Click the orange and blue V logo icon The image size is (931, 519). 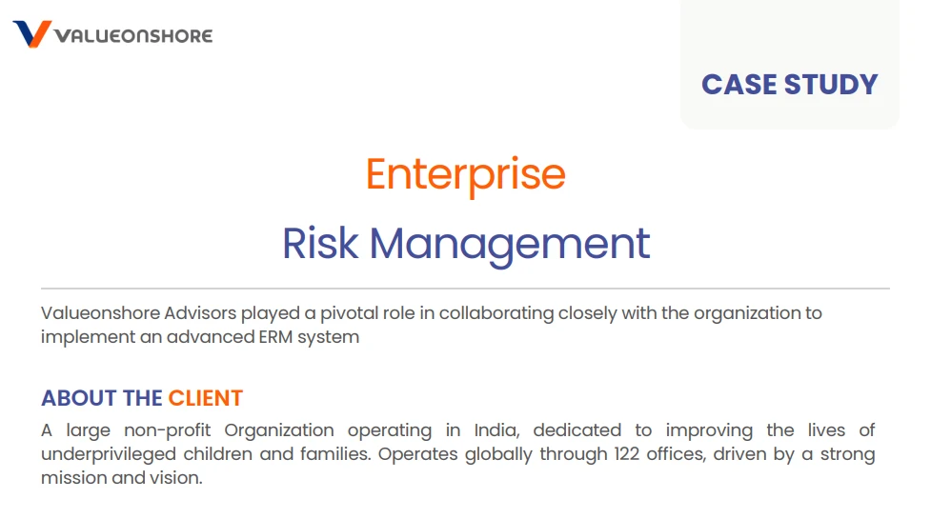click(x=32, y=34)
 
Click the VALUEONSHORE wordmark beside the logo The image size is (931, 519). click(x=133, y=36)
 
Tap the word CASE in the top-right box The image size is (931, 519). click(x=739, y=84)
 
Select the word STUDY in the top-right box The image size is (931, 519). click(x=831, y=84)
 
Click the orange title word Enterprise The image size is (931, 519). click(x=465, y=175)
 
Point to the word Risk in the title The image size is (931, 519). click(x=320, y=243)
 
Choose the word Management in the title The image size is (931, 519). click(x=510, y=246)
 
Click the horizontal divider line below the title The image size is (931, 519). click(x=465, y=289)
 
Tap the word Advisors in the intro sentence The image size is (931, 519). click(x=200, y=312)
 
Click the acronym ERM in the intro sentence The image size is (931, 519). click(x=275, y=337)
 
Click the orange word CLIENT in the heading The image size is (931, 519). click(x=206, y=398)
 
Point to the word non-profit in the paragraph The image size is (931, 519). click(x=168, y=431)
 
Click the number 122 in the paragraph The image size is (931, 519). click(x=627, y=454)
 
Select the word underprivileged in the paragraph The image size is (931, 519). click(x=109, y=455)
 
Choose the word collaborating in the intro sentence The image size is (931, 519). click(x=496, y=313)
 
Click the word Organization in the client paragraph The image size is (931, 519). click(x=279, y=431)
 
